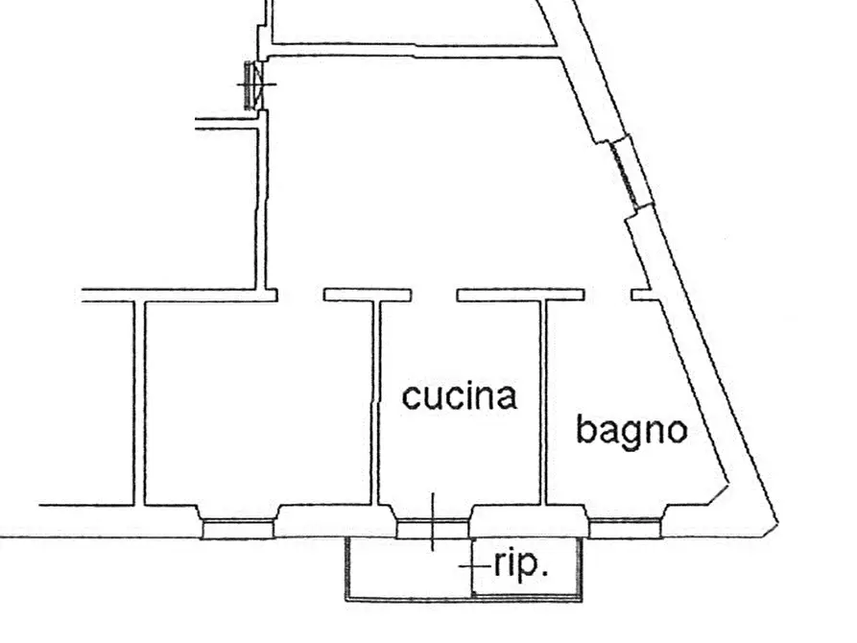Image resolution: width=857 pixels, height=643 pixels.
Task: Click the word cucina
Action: (x=459, y=396)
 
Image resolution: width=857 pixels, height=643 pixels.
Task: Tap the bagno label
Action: (x=631, y=432)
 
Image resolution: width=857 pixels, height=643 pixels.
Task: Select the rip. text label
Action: (x=521, y=565)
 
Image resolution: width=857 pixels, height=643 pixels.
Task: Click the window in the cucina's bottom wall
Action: (x=432, y=529)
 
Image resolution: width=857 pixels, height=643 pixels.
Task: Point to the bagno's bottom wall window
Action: (x=626, y=528)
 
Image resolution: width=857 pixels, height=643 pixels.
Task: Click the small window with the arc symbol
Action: (x=254, y=85)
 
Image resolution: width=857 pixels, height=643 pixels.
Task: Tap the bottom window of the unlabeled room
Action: (x=238, y=529)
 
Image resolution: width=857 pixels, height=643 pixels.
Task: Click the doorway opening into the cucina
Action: (x=434, y=296)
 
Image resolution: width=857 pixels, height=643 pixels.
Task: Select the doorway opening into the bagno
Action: (x=607, y=296)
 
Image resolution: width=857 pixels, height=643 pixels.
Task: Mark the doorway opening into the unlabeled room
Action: (x=300, y=296)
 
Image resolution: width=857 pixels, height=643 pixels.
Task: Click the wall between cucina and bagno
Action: (x=543, y=403)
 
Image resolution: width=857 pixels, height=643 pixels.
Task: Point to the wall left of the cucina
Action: (x=375, y=403)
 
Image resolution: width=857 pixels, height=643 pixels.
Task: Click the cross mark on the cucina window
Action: (x=433, y=522)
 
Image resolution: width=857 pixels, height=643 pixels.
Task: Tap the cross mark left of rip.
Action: (x=472, y=566)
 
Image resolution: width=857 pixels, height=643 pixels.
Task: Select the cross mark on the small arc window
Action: (x=257, y=84)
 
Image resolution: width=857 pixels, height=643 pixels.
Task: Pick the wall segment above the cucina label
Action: (x=521, y=296)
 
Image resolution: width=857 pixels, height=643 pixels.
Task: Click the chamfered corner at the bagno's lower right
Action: (x=718, y=494)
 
